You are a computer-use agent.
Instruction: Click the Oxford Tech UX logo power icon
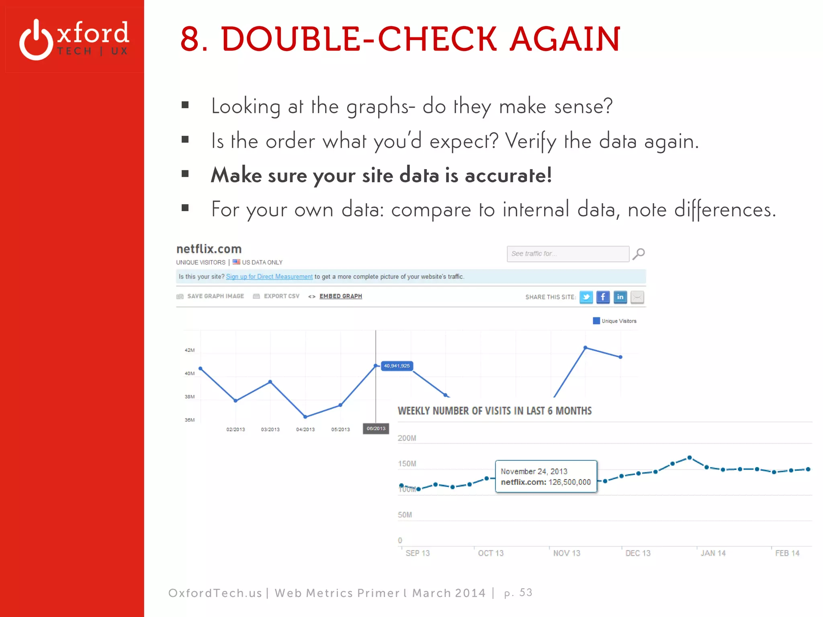36,40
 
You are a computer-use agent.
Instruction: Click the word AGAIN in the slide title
565,39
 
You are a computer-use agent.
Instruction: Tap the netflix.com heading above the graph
209,249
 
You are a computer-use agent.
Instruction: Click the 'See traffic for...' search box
567,254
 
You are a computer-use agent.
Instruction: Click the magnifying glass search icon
639,254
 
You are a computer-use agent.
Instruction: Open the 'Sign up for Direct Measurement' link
269,277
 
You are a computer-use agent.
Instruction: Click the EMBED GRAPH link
340,296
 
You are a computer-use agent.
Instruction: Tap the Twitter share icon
586,297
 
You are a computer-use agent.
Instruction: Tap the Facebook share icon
603,297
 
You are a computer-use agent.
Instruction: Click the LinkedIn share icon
620,297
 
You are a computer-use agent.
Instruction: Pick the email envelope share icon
637,297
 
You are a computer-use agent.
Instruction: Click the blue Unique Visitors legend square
596,321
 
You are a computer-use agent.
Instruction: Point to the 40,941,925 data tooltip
397,366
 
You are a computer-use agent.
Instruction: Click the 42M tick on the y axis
190,350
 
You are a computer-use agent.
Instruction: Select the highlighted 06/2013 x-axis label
376,429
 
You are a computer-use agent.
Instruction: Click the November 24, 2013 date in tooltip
534,472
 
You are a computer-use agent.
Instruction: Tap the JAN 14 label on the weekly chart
713,554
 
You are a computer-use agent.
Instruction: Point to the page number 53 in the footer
526,592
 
